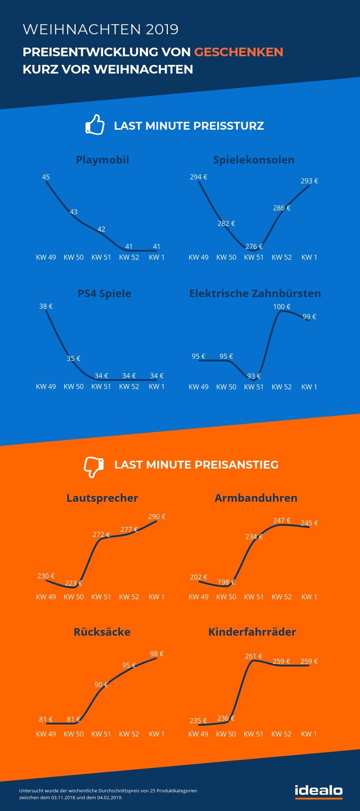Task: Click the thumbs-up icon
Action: (x=95, y=125)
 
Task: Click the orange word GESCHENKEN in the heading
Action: (x=238, y=52)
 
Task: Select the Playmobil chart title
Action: (x=102, y=160)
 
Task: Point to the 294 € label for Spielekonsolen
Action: (x=198, y=177)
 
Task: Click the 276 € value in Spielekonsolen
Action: (x=254, y=246)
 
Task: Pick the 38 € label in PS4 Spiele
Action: (x=46, y=306)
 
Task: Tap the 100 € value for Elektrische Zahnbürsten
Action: (x=282, y=306)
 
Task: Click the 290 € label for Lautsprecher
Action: (x=157, y=516)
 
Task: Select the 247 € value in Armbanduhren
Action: (x=282, y=520)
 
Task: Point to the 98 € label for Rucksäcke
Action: (x=157, y=654)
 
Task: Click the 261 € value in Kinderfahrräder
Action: (x=254, y=656)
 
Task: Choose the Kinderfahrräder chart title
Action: (x=252, y=632)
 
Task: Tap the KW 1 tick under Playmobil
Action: (x=157, y=257)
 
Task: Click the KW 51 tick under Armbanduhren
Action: (x=254, y=597)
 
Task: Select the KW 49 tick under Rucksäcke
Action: (x=46, y=734)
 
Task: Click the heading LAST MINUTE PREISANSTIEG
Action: (x=196, y=465)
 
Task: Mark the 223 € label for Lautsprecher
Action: (x=74, y=583)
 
